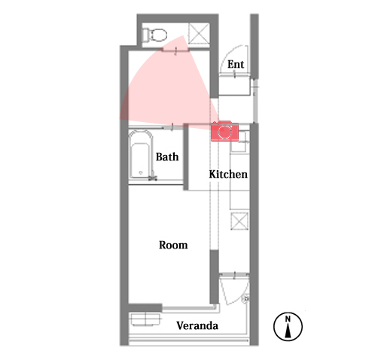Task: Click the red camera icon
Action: pos(224,131)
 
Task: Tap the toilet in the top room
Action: pos(155,35)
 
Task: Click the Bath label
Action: pos(167,157)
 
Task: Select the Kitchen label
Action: pos(228,174)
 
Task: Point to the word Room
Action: pos(173,245)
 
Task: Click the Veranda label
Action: pos(197,325)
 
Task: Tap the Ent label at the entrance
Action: pos(236,64)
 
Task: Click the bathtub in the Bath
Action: pos(141,154)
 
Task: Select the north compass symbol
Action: pos(288,327)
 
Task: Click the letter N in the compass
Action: pos(288,319)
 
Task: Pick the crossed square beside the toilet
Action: pos(199,33)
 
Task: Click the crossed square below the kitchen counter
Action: pos(239,221)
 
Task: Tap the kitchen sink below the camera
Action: pos(239,144)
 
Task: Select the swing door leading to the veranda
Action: pos(234,289)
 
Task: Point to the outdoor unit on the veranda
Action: pos(145,319)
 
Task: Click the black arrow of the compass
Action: pos(288,331)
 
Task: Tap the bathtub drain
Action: pos(141,172)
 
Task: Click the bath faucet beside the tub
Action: pos(153,177)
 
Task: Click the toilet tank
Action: pos(145,35)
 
